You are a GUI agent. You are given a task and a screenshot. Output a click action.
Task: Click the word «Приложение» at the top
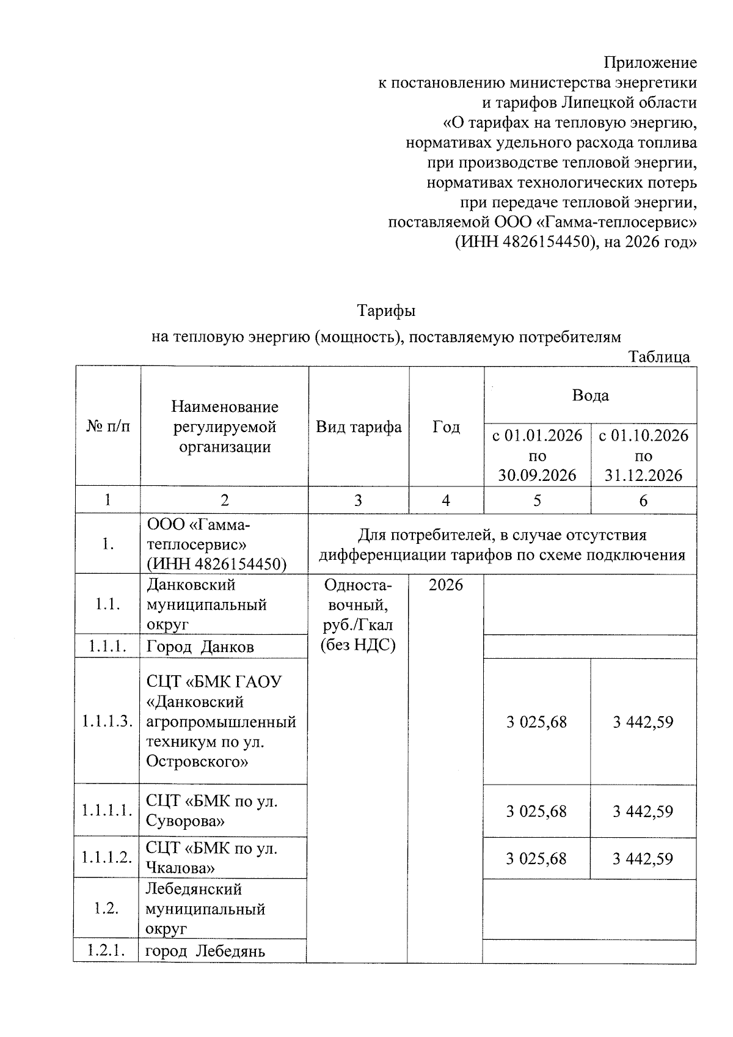(650, 63)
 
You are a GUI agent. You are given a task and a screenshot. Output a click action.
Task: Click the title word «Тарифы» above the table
(386, 310)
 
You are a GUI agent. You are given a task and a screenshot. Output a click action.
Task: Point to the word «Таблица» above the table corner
(660, 357)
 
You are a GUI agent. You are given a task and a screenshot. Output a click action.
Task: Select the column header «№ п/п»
(108, 426)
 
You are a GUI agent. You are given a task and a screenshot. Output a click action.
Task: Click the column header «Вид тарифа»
(359, 427)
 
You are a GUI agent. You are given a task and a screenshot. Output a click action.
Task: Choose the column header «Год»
(446, 427)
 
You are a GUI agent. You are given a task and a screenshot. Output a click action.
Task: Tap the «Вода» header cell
(590, 395)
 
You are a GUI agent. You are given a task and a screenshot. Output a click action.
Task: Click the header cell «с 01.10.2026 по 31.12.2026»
(643, 455)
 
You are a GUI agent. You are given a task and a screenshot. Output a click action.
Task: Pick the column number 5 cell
(537, 500)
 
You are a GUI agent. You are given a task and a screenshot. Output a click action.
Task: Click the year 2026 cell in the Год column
(446, 585)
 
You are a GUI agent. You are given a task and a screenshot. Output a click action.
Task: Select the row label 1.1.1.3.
(108, 722)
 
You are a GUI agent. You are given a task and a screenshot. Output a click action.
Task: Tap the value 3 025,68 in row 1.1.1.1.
(536, 812)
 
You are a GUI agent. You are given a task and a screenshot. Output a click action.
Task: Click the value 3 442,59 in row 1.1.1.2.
(643, 859)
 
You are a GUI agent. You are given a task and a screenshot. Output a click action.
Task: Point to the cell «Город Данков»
(200, 647)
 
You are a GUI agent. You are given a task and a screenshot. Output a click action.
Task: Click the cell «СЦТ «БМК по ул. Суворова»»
(212, 811)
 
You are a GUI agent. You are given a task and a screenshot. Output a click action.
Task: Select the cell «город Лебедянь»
(205, 951)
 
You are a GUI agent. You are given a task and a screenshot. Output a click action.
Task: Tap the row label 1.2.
(106, 909)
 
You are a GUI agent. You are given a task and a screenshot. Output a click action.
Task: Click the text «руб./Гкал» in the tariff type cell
(359, 625)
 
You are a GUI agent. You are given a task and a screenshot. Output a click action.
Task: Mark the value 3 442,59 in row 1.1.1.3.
(643, 722)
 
